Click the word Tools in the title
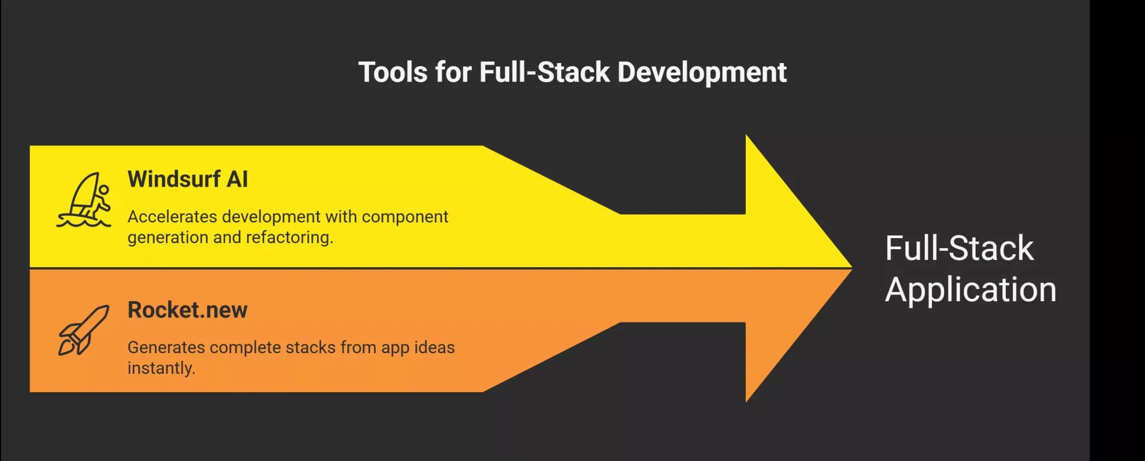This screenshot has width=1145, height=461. point(393,72)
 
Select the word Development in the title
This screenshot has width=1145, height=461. point(702,73)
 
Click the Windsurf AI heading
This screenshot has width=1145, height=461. point(187,179)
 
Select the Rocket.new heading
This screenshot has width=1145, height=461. point(187,310)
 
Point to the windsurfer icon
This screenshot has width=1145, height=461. point(84,199)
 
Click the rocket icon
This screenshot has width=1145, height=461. point(84,330)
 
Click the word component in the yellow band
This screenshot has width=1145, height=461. point(405,217)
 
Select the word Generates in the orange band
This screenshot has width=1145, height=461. point(166,347)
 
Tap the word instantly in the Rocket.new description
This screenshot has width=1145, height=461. point(161,368)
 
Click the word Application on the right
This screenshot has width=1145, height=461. point(971,290)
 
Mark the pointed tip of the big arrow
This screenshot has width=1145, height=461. point(852,268)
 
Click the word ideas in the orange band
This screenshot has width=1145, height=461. point(434,347)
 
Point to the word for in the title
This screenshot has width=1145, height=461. point(453,72)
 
